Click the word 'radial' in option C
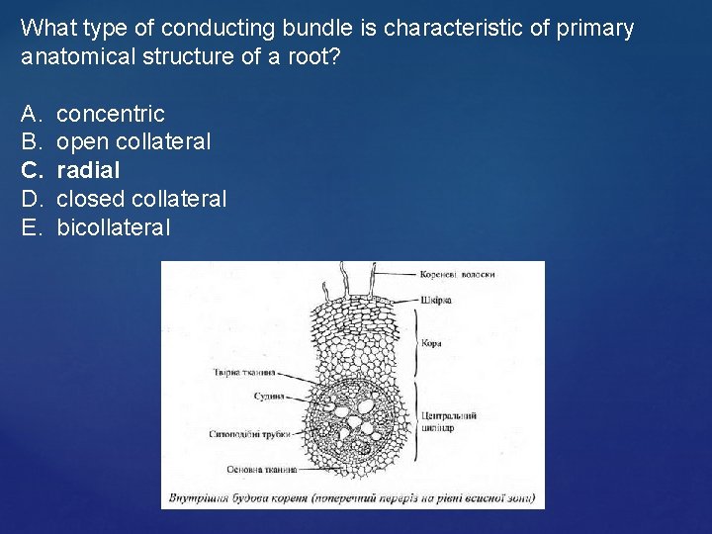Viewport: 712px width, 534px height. click(x=88, y=170)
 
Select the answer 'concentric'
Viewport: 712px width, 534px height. click(x=111, y=114)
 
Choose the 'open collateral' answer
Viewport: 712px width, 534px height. click(x=133, y=141)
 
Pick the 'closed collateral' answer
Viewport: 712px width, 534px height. click(x=141, y=199)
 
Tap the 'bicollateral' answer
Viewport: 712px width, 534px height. click(x=114, y=227)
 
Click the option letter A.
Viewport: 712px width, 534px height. click(x=30, y=114)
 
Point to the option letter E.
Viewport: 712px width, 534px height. click(x=30, y=227)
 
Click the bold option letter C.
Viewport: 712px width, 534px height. click(x=30, y=170)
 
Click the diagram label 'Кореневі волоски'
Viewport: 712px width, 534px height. click(x=457, y=274)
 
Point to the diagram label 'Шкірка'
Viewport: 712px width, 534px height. click(x=436, y=298)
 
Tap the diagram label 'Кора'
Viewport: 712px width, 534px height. click(x=431, y=343)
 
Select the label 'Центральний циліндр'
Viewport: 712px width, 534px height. click(x=449, y=422)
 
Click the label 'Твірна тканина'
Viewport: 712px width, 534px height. click(x=243, y=373)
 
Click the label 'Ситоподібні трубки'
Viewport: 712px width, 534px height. click(x=247, y=434)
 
